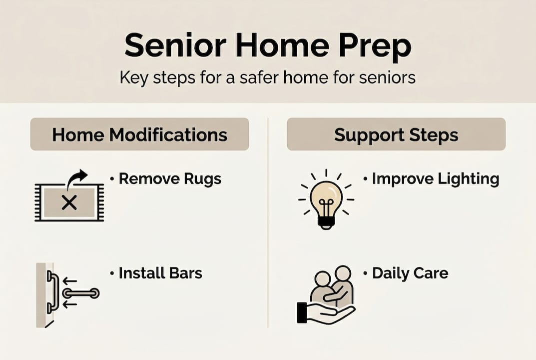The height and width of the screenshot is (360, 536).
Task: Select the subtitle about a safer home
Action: click(267, 78)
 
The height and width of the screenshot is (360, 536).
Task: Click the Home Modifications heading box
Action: click(139, 134)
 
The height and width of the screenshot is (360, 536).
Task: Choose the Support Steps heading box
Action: click(396, 134)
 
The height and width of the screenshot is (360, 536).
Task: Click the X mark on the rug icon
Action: click(69, 202)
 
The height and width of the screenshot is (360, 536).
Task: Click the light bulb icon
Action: click(326, 200)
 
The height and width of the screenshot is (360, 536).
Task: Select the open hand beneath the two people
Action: click(325, 313)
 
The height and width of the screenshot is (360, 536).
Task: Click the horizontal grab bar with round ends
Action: click(80, 293)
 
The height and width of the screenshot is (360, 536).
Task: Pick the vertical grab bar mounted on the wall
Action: click(51, 292)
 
